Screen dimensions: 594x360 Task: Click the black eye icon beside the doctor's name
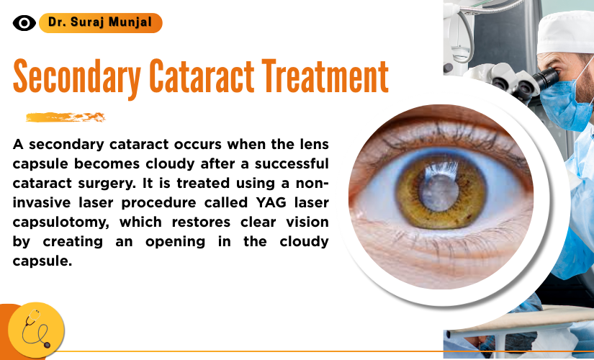(24, 23)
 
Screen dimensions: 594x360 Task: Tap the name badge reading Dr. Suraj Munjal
(100, 23)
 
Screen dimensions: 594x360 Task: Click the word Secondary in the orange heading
(77, 77)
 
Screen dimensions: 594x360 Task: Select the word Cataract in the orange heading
(202, 76)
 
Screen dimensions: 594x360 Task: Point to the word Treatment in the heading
(325, 76)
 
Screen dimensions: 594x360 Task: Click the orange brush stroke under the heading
(66, 117)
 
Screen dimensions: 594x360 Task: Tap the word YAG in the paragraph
(271, 202)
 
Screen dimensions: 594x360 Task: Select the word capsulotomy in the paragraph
(61, 222)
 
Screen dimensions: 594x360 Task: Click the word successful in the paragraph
(292, 163)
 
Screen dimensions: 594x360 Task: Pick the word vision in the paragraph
(307, 222)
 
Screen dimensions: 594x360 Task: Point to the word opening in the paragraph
(176, 242)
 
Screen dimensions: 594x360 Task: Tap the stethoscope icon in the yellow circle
(36, 329)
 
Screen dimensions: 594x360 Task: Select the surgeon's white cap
(565, 33)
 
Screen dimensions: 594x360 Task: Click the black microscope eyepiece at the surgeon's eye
(546, 79)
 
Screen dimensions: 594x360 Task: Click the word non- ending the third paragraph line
(312, 183)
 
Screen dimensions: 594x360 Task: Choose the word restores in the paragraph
(201, 222)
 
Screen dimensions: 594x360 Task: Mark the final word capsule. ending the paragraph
(42, 261)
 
